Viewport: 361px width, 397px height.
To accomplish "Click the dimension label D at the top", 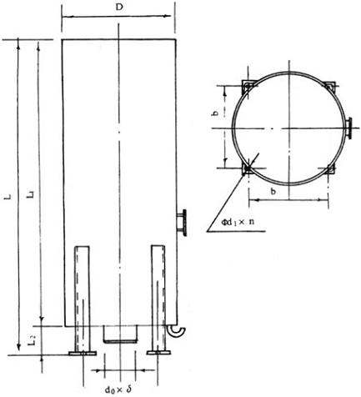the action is [x=119, y=8].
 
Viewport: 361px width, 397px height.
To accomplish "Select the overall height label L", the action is [x=9, y=197].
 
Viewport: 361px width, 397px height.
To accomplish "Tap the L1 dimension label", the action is [x=30, y=194].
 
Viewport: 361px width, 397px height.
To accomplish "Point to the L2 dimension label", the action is [x=33, y=340].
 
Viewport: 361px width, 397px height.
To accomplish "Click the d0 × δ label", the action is [x=118, y=389].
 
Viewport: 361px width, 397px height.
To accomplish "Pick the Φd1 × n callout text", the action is [x=238, y=222].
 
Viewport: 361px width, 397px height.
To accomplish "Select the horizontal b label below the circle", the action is [x=273, y=191].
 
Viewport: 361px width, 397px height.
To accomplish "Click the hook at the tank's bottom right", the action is [x=177, y=331].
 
